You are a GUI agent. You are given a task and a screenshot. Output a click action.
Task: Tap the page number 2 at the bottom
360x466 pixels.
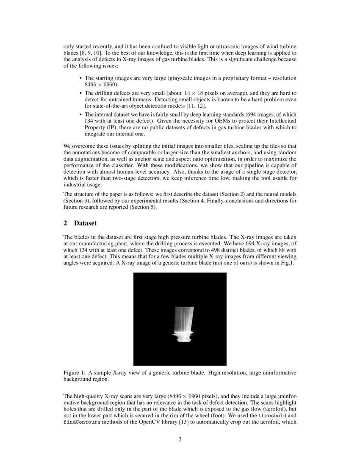tap(180, 440)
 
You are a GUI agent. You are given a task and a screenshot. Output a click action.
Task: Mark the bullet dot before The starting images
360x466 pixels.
tap(81, 79)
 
